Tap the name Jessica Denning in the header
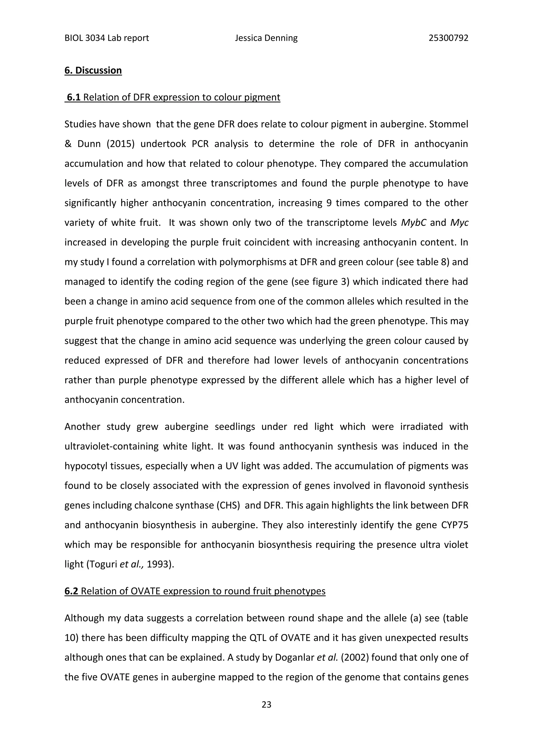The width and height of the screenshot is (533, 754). pyautogui.click(x=266, y=38)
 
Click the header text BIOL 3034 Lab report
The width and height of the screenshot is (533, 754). pyautogui.click(x=107, y=38)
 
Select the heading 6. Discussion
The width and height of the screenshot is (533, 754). pyautogui.click(x=93, y=70)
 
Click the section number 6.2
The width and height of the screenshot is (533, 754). pyautogui.click(x=71, y=591)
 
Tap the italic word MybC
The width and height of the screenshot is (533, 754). pyautogui.click(x=413, y=223)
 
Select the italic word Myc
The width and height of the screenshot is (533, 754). pyautogui.click(x=459, y=223)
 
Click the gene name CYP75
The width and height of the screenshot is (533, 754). pyautogui.click(x=455, y=525)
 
